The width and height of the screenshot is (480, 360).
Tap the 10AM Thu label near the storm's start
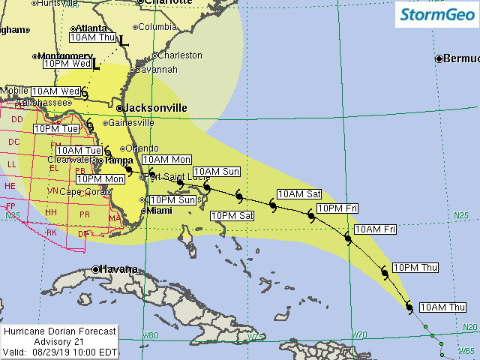click(442, 307)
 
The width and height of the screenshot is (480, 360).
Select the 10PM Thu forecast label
click(415, 268)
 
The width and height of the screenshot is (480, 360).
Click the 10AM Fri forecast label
click(374, 229)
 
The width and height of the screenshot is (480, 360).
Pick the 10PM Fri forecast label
click(337, 208)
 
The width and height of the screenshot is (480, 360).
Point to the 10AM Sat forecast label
click(299, 194)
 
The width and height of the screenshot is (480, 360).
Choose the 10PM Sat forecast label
click(232, 216)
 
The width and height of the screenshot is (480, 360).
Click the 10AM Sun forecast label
click(217, 172)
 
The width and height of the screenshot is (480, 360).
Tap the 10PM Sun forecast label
click(172, 200)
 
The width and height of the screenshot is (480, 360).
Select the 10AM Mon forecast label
click(166, 159)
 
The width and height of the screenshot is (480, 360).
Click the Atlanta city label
click(91, 28)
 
